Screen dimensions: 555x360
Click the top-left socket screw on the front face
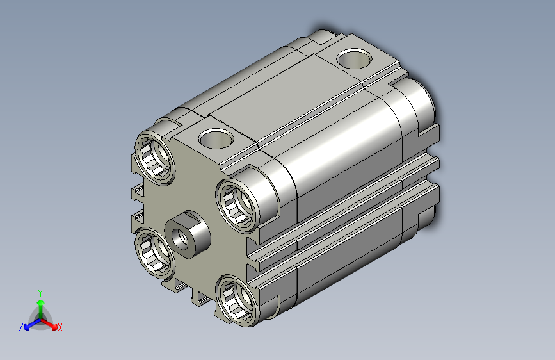(155, 158)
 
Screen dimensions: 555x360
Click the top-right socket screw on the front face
(237, 206)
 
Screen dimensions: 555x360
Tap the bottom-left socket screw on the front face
(154, 253)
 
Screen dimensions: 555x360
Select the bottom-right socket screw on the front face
(237, 300)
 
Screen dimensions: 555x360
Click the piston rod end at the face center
(188, 234)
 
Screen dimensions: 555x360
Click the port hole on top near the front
(216, 138)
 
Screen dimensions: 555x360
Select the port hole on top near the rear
(354, 58)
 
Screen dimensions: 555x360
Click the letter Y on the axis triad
(40, 293)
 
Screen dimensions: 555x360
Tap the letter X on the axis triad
(60, 328)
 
